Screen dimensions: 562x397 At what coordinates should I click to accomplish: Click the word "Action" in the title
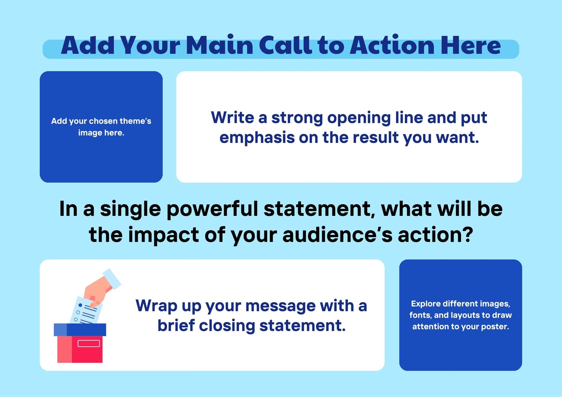tap(392, 45)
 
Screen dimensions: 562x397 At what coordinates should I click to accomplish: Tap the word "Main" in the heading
tap(220, 45)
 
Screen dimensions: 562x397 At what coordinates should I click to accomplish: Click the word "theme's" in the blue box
tap(135, 121)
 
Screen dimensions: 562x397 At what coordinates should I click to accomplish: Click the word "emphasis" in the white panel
tap(257, 138)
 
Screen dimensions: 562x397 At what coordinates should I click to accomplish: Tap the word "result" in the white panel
tap(376, 138)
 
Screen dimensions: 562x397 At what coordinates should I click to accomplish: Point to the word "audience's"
tap(338, 235)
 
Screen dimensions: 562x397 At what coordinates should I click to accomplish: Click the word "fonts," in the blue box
tap(420, 315)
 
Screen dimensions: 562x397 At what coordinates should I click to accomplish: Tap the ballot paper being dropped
tap(86, 311)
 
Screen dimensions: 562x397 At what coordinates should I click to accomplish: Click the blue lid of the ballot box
tap(80, 330)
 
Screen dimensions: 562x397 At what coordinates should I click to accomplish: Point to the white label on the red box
tap(89, 343)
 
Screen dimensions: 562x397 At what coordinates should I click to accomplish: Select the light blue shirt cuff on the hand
tap(112, 279)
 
